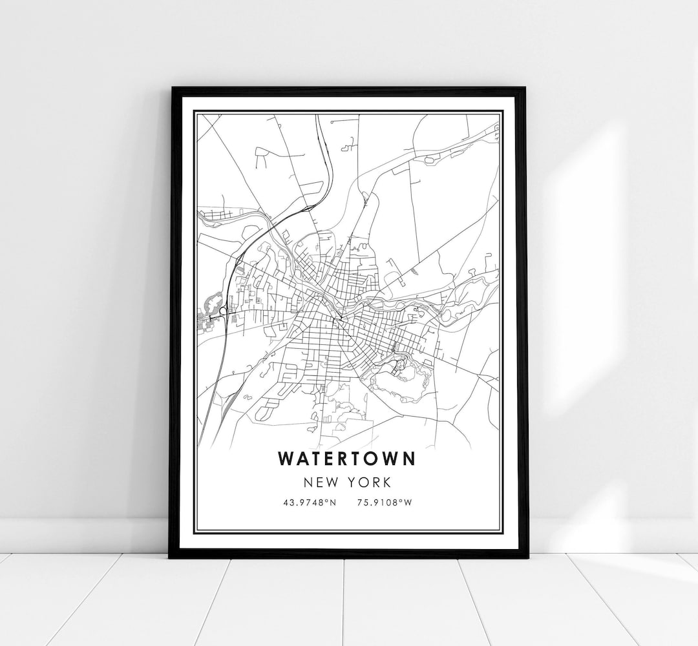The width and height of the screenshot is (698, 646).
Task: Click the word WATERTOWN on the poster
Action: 348,458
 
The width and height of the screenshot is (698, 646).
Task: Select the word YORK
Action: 372,483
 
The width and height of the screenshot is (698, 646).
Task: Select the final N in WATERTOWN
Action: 410,458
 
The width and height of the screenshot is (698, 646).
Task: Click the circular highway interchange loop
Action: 224,312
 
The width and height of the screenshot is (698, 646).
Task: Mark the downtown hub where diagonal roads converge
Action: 337,318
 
